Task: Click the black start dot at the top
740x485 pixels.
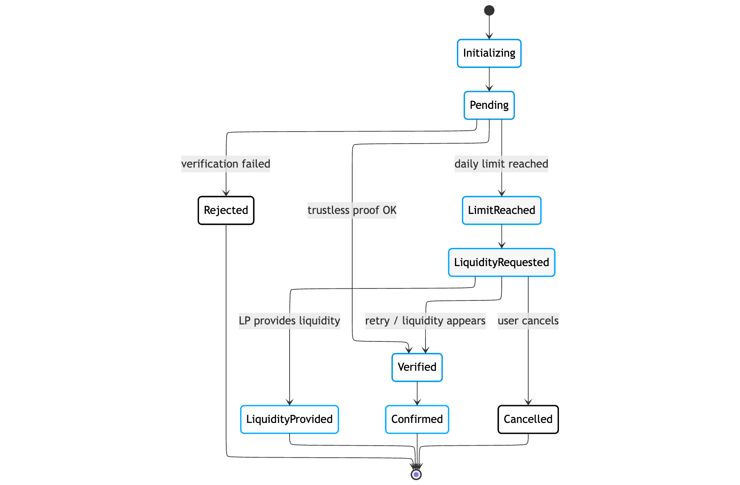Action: [489, 10]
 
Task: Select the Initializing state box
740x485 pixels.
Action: [489, 53]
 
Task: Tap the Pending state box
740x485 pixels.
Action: [489, 106]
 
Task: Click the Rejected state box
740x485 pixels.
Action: [226, 210]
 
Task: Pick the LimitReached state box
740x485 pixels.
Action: [501, 210]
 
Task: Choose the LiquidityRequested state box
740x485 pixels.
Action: [501, 262]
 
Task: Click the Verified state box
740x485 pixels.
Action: [417, 367]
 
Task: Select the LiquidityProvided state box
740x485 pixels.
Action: [289, 419]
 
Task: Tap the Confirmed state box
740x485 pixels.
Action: [417, 419]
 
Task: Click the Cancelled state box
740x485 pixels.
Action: [528, 419]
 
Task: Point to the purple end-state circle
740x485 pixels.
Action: [416, 474]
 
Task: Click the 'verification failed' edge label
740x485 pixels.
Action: [226, 164]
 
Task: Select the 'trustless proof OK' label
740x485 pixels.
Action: [352, 210]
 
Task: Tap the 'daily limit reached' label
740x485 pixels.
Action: [501, 164]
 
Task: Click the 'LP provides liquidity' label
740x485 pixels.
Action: [289, 321]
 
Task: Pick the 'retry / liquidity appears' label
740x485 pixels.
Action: [425, 321]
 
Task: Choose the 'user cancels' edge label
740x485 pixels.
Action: [528, 321]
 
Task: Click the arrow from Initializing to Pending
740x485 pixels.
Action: [489, 79]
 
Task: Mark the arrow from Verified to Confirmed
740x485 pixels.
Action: [417, 393]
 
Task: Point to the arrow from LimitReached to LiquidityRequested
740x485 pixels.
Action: [501, 237]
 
